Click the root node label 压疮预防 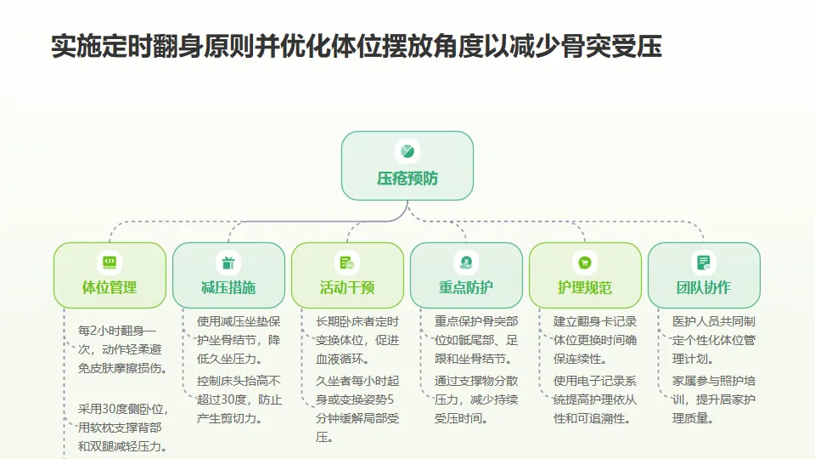coord(407,179)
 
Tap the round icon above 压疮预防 coord(407,152)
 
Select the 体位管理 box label coord(110,287)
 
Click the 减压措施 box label coord(228,287)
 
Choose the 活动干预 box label coord(347,287)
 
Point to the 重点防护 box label coord(466,287)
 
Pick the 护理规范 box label coord(585,287)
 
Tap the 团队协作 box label coord(704,287)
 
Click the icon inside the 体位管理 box coord(110,262)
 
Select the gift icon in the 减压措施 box coord(228,262)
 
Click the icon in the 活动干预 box coord(347,262)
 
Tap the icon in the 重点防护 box coord(466,262)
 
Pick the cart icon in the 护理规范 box coord(585,262)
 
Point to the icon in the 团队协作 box coord(704,262)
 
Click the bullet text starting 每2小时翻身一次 coord(122,348)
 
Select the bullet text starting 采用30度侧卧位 coord(122,428)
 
